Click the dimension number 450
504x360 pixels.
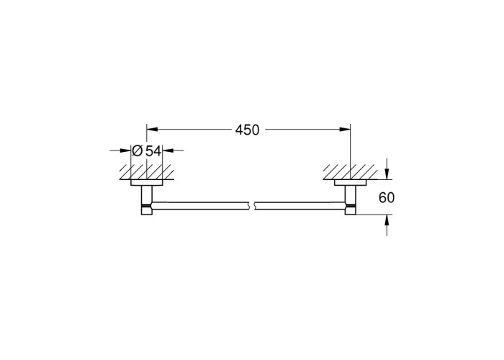247,130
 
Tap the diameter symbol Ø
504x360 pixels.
138,150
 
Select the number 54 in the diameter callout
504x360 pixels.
153,150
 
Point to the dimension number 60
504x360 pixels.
387,197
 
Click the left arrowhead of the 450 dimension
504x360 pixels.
152,130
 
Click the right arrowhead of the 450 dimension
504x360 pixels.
345,130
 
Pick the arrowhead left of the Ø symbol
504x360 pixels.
126,150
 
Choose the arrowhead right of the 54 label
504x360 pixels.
168,150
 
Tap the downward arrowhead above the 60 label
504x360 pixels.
387,174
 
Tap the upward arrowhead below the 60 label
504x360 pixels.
387,220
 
